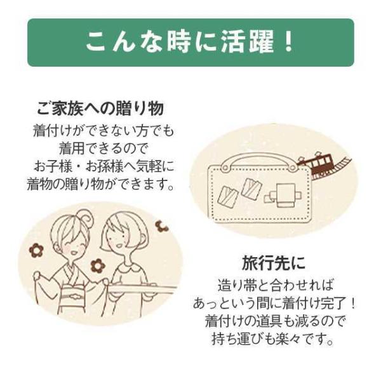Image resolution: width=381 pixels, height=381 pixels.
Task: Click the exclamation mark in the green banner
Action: (289, 43)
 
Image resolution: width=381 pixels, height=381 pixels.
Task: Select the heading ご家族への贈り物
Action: (100, 109)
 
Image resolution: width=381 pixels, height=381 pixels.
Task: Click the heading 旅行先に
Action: (273, 264)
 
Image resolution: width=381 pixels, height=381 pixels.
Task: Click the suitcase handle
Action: (258, 161)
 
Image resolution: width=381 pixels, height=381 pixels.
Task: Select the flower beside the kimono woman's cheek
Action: (36, 250)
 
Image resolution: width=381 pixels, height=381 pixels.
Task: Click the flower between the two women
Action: (98, 265)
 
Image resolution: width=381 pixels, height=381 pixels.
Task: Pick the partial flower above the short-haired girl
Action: (162, 226)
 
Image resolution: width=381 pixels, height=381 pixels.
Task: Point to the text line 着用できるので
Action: (104, 149)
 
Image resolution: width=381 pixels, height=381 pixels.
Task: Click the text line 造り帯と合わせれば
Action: (275, 285)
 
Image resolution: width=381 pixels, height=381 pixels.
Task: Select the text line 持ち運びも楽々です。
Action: (272, 339)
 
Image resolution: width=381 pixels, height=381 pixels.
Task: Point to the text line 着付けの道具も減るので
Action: (275, 321)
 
